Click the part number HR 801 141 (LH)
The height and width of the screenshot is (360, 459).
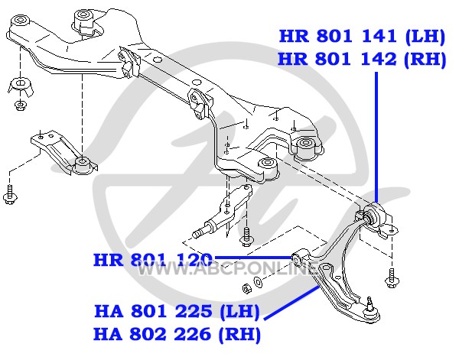[x=362, y=37]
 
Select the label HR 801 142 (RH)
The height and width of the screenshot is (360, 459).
[x=362, y=60]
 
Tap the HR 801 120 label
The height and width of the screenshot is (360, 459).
[x=152, y=260]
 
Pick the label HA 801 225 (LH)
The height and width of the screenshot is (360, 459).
[x=177, y=311]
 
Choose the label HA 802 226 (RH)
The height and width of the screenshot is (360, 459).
[x=177, y=334]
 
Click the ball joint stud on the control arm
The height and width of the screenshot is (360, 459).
[x=370, y=303]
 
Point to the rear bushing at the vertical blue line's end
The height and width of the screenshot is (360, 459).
[x=374, y=215]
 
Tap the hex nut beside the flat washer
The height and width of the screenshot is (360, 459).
[x=248, y=288]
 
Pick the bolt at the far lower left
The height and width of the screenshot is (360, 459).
[x=10, y=195]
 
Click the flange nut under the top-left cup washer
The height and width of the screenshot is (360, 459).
[x=20, y=105]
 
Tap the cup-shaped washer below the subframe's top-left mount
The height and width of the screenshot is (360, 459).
[x=20, y=86]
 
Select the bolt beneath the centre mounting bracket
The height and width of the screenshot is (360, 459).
[x=247, y=236]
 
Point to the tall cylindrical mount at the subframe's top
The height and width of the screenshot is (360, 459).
[x=83, y=20]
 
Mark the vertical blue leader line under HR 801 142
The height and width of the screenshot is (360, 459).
[x=376, y=138]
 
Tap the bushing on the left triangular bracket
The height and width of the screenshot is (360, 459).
[x=83, y=164]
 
